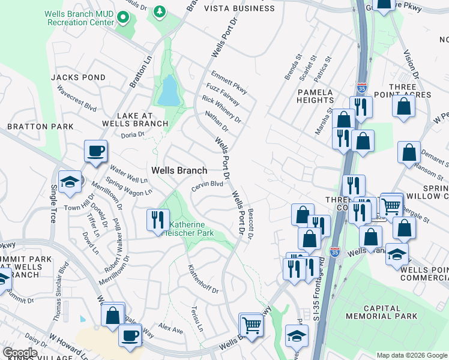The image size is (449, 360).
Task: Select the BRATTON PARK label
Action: click(x=40, y=127)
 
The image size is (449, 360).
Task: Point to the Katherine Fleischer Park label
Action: click(x=190, y=228)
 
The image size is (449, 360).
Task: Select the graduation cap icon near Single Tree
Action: click(x=70, y=182)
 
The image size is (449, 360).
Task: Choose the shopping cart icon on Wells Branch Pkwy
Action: click(x=251, y=325)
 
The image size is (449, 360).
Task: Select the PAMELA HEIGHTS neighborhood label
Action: click(x=315, y=97)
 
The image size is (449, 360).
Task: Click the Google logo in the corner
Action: click(x=20, y=353)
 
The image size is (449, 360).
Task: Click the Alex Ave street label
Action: click(x=170, y=329)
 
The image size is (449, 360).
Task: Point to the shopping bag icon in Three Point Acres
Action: click(x=405, y=106)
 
